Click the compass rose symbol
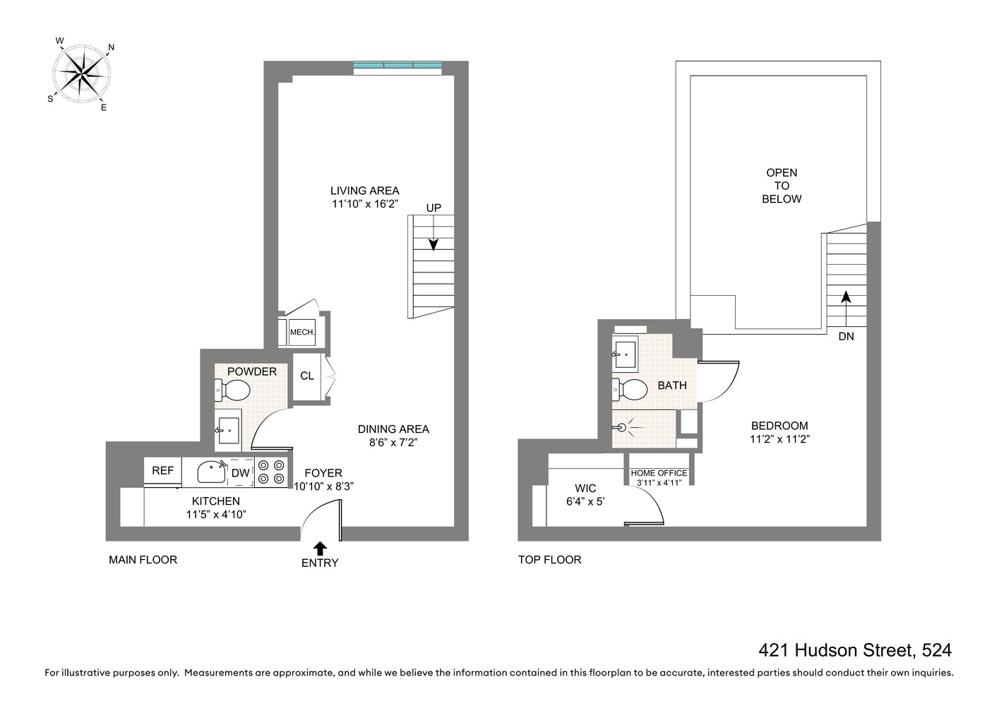83,73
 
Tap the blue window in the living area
398,66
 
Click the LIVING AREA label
364,191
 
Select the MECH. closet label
301,333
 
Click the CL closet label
307,376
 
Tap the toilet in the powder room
234,390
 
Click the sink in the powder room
228,430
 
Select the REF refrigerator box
163,471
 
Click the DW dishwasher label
240,473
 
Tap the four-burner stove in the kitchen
271,472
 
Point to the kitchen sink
210,472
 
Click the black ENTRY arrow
320,548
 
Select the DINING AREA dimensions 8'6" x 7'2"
393,443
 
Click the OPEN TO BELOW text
782,186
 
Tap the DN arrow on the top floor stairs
846,301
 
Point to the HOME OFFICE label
659,473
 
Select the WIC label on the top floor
585,488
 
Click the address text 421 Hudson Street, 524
855,650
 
